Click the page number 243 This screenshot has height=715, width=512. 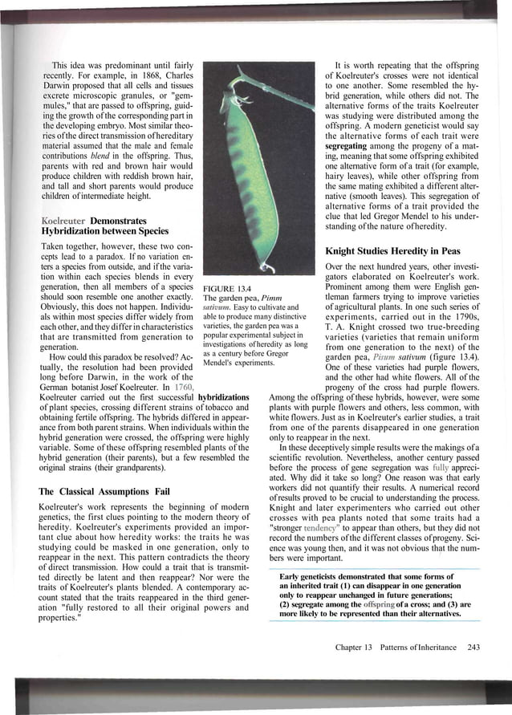[473, 647]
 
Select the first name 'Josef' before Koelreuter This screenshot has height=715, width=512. [86, 386]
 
